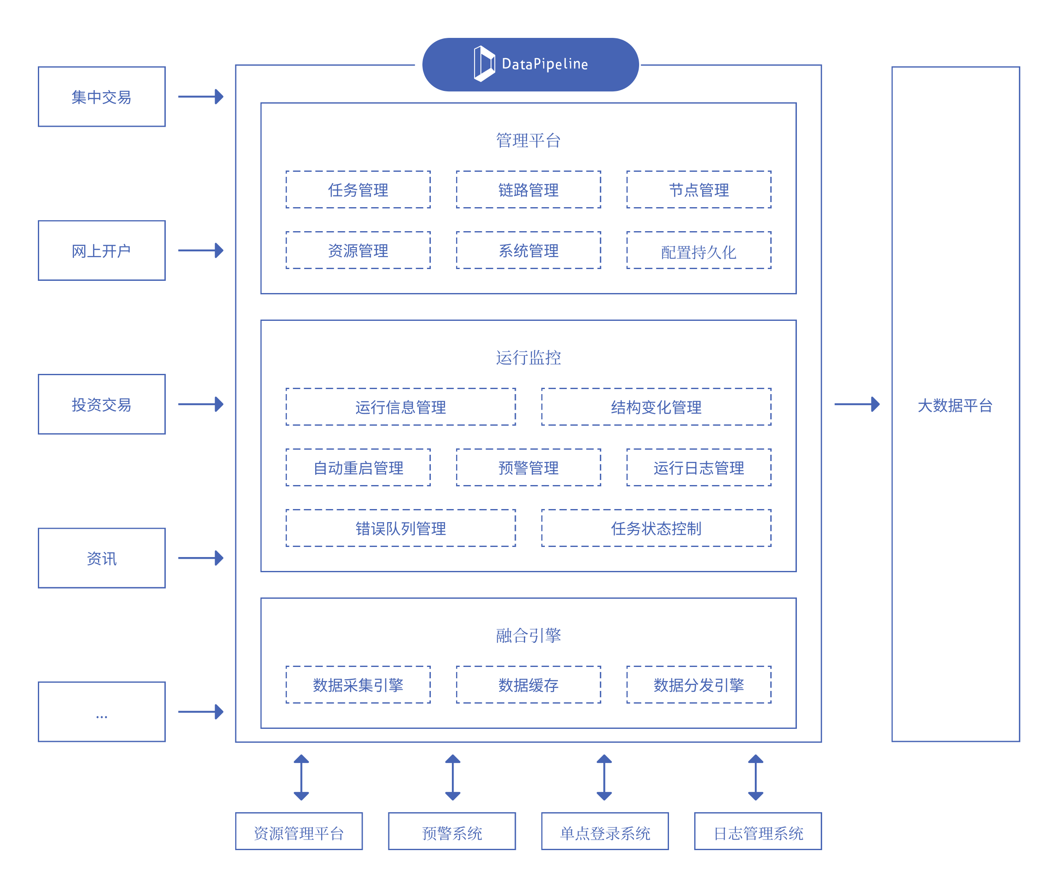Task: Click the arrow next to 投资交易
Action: pyautogui.click(x=201, y=404)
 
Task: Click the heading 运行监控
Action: pyautogui.click(x=528, y=357)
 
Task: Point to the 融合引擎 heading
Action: pyautogui.click(x=528, y=635)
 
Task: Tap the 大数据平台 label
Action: pyautogui.click(x=955, y=405)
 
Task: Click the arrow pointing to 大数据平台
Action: pyautogui.click(x=857, y=404)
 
